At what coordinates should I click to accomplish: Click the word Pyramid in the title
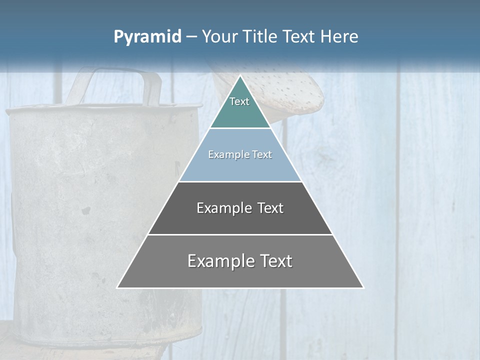click(147, 37)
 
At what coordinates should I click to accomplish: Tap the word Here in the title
click(339, 36)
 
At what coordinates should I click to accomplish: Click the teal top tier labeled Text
click(239, 107)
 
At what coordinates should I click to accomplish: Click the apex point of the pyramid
click(240, 76)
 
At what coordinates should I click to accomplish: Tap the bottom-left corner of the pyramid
click(118, 287)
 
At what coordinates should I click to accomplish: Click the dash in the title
click(191, 37)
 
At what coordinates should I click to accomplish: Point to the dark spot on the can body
click(86, 210)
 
